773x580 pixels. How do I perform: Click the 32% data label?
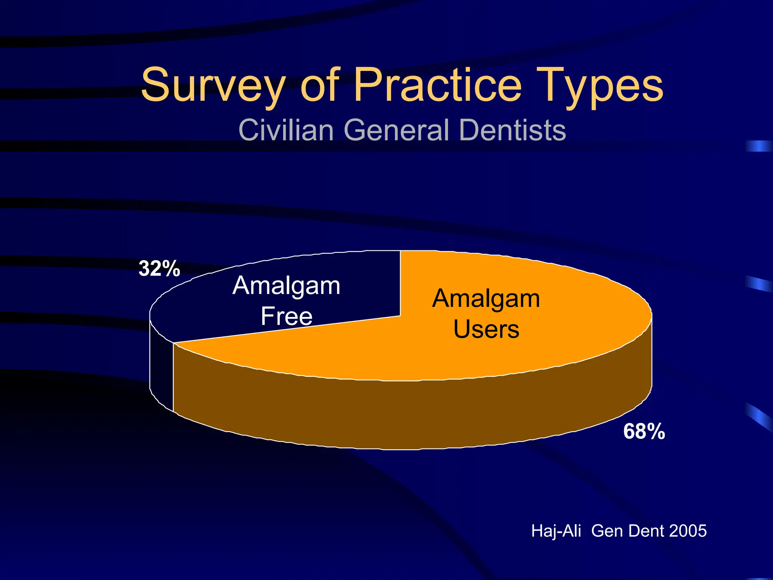159,269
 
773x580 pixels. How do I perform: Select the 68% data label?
644,431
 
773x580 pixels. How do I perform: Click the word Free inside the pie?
286,316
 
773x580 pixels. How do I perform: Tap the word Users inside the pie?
486,329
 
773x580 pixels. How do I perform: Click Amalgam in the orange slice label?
486,299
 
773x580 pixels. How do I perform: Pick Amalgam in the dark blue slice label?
286,286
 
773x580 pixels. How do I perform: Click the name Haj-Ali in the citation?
556,531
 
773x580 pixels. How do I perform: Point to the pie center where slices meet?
400,315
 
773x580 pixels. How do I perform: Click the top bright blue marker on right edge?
759,146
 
